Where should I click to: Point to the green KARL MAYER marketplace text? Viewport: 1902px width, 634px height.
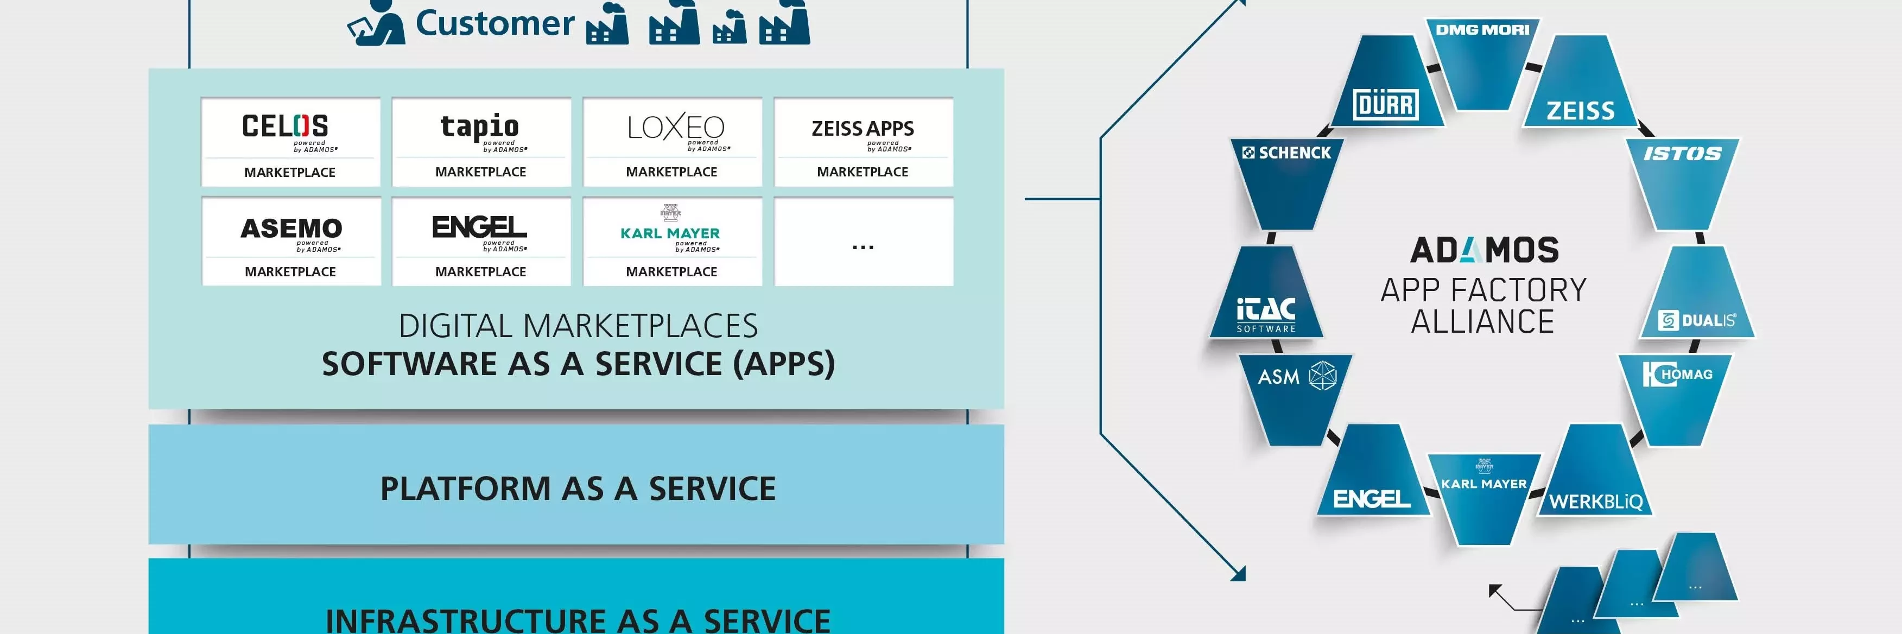pos(670,233)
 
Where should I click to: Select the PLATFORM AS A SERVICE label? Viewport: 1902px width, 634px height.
pos(578,488)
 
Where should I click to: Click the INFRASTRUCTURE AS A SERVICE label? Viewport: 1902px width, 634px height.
pos(578,618)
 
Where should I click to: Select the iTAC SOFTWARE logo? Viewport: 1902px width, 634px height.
pos(1265,314)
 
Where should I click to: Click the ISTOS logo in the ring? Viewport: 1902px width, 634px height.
pos(1682,154)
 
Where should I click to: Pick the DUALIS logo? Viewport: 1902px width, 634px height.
pos(1697,320)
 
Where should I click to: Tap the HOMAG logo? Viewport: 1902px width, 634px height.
pos(1677,374)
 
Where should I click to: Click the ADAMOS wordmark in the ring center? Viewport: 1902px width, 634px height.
pos(1484,250)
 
